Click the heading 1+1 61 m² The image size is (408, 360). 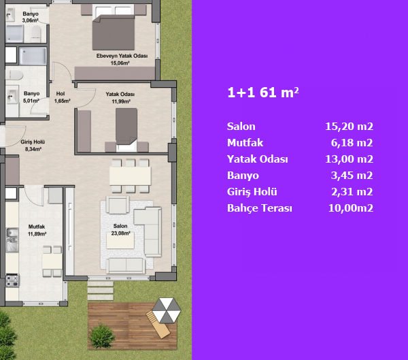click(x=263, y=93)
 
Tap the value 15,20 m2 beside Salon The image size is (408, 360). click(x=350, y=127)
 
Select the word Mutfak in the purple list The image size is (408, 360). click(x=245, y=143)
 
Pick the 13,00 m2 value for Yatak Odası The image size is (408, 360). click(x=350, y=159)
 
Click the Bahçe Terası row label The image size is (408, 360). click(x=260, y=208)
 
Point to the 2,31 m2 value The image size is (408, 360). click(x=352, y=192)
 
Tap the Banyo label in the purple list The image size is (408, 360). click(x=243, y=176)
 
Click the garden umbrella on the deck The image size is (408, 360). click(x=166, y=310)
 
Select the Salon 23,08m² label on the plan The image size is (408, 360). click(x=120, y=229)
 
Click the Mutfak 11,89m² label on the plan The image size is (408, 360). click(x=37, y=230)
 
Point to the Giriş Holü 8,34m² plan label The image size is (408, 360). click(x=33, y=146)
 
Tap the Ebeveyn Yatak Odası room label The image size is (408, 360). click(x=122, y=59)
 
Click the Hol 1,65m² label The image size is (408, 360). click(x=62, y=97)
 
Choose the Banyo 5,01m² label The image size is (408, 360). click(x=31, y=97)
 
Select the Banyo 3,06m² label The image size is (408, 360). click(x=31, y=17)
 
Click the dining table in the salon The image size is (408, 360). click(x=130, y=176)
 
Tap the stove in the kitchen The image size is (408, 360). click(x=12, y=280)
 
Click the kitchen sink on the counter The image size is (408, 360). click(x=12, y=240)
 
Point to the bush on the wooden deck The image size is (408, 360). click(x=101, y=336)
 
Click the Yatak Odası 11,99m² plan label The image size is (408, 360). click(x=120, y=98)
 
